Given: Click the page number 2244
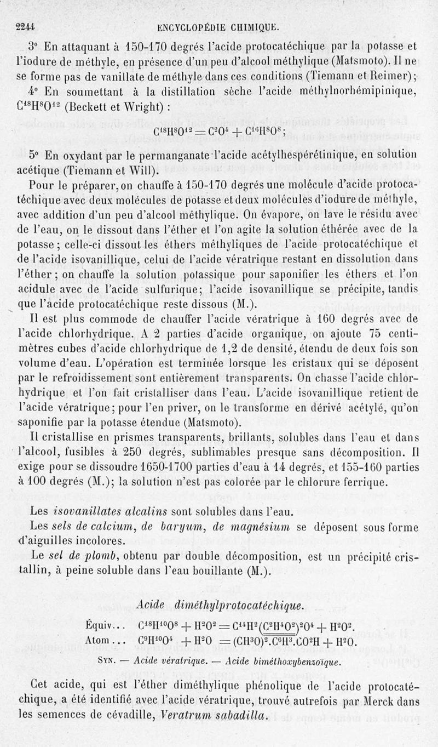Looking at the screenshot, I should click(x=26, y=25).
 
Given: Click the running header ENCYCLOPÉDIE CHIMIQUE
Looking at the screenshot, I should click(x=218, y=25).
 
